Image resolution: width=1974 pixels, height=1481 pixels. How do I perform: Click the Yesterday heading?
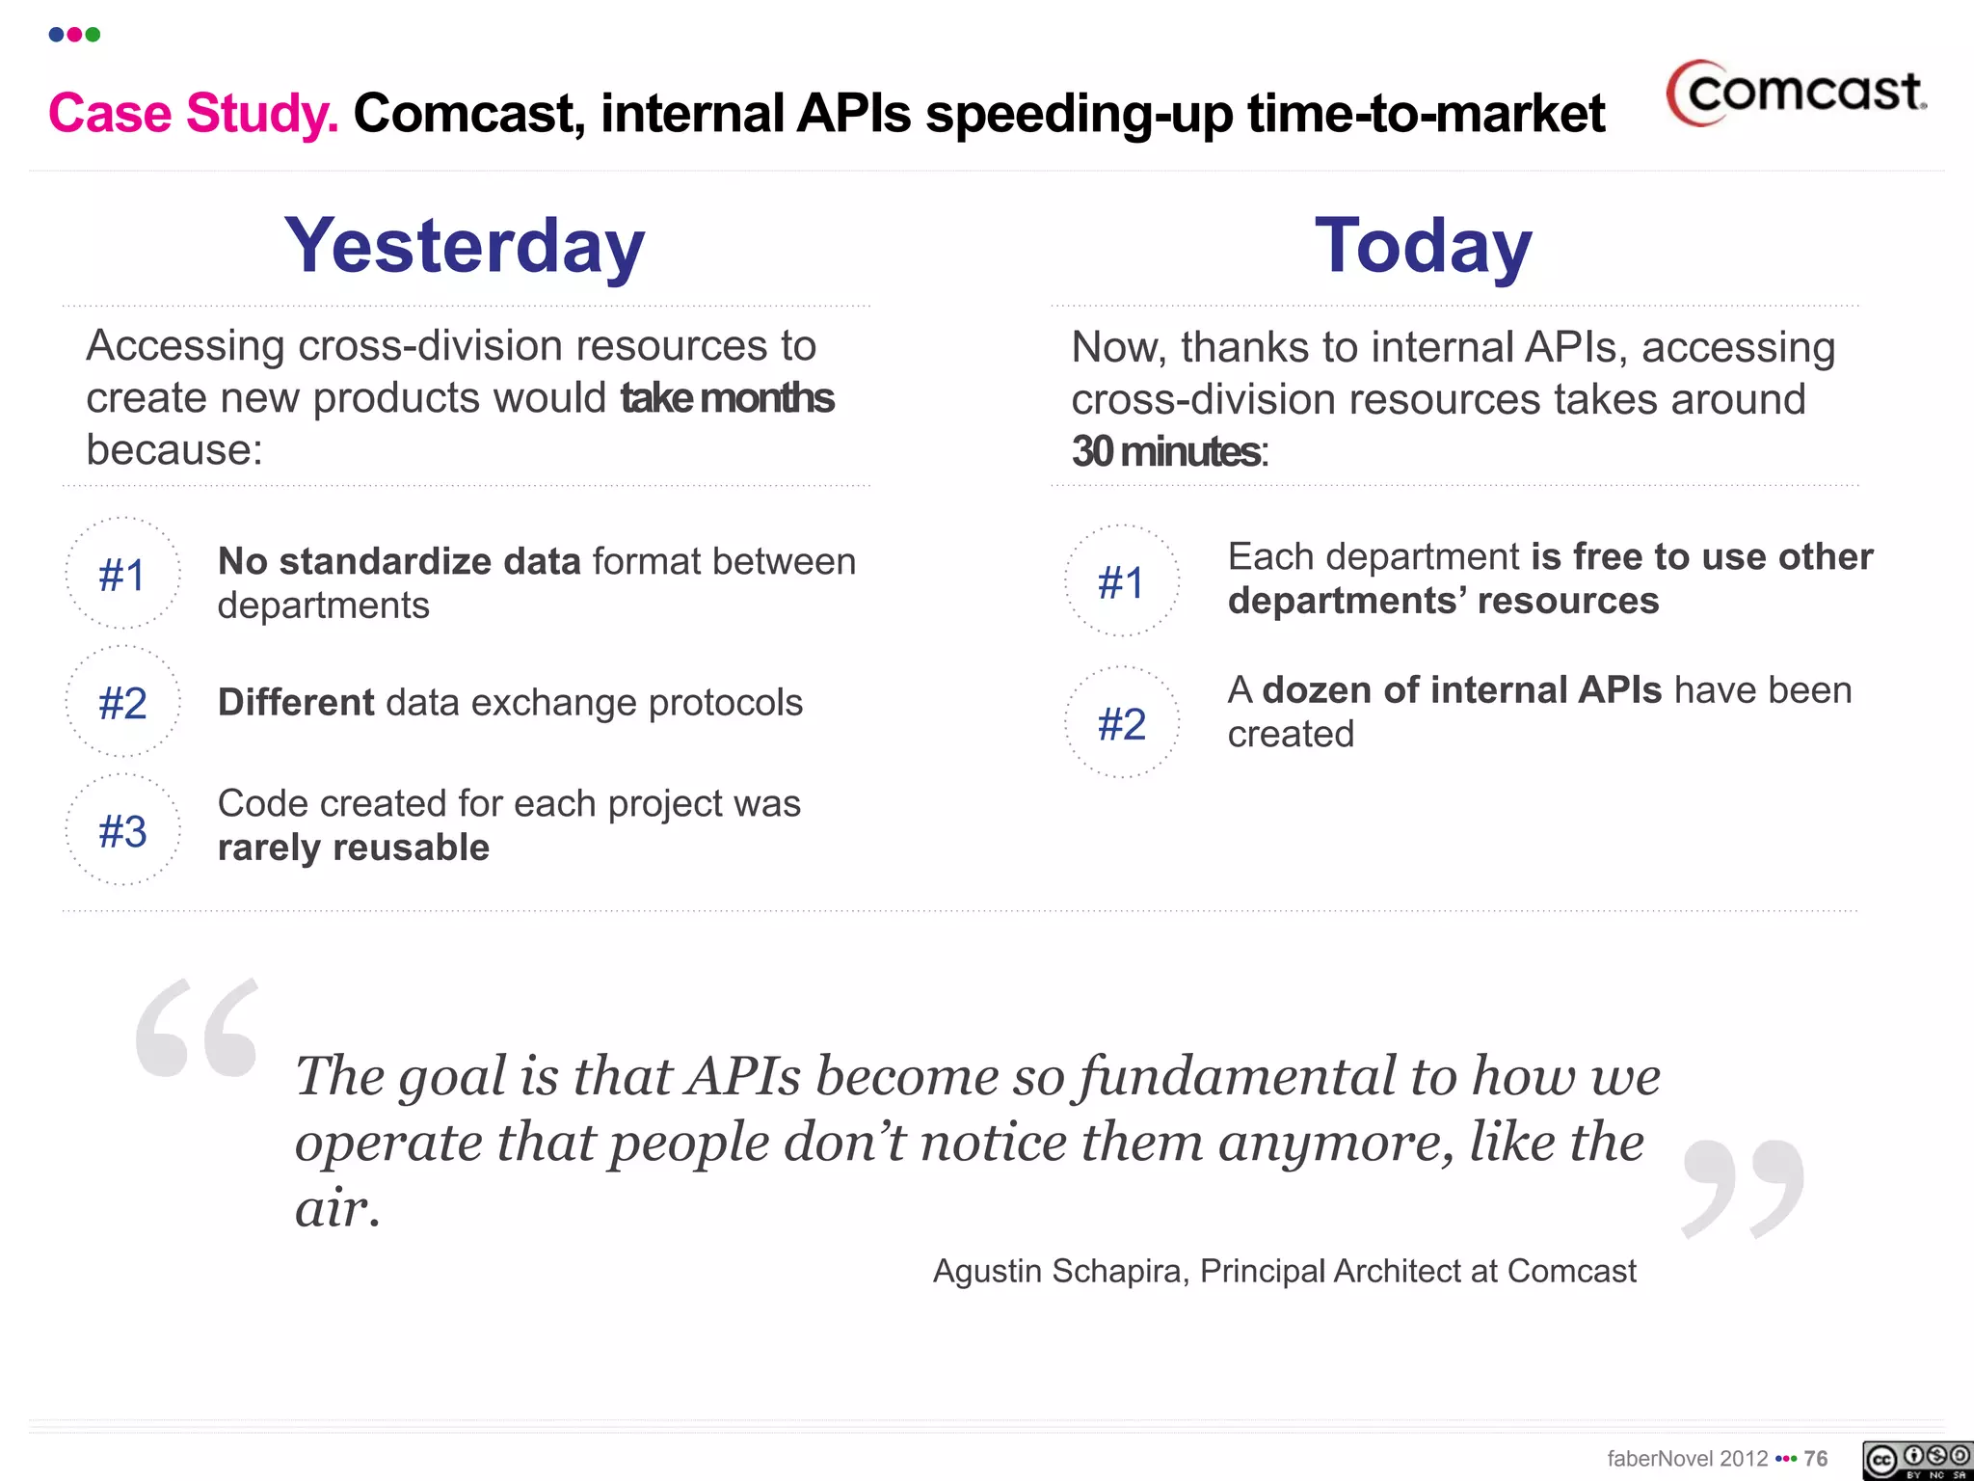pyautogui.click(x=465, y=246)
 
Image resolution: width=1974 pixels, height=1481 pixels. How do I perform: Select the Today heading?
pyautogui.click(x=1423, y=246)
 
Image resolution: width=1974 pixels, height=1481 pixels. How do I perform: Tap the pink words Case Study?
pyautogui.click(x=193, y=114)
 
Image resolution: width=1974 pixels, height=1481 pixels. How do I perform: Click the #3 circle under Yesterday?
pyautogui.click(x=122, y=831)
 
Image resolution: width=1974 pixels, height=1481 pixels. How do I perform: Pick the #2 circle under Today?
pyautogui.click(x=1122, y=723)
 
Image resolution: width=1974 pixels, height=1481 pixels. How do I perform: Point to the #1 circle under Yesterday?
pyautogui.click(x=122, y=575)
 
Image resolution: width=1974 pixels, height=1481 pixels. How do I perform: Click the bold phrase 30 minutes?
pyautogui.click(x=1166, y=451)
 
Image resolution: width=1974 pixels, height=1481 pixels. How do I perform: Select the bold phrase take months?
pyautogui.click(x=727, y=398)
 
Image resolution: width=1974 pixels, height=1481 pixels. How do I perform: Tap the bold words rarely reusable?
pyautogui.click(x=354, y=848)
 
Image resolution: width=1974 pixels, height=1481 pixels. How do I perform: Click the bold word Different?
pyautogui.click(x=296, y=703)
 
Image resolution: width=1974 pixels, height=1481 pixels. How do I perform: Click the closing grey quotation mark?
pyautogui.click(x=1743, y=1189)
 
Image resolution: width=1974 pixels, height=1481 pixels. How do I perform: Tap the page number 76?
pyautogui.click(x=1816, y=1459)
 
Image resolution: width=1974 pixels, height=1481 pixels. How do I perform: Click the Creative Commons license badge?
pyautogui.click(x=1916, y=1460)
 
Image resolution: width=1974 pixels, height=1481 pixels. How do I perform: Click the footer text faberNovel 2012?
pyautogui.click(x=1687, y=1459)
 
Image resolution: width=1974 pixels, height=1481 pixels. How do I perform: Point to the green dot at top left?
pyautogui.click(x=93, y=35)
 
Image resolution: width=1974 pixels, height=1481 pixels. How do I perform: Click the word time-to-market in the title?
pyautogui.click(x=1427, y=114)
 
